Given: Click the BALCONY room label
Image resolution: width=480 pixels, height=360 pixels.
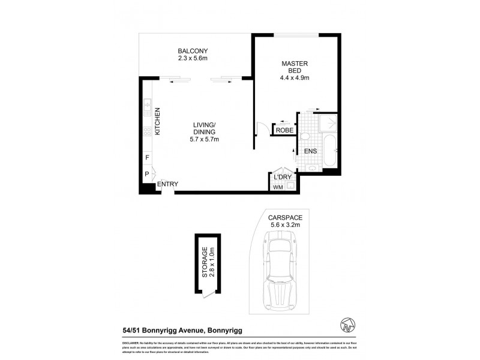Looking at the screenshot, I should click(x=192, y=50).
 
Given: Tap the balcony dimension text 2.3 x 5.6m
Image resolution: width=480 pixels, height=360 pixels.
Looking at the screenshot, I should click(x=192, y=58).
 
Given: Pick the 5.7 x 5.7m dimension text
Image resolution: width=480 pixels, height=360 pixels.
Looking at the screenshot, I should click(x=204, y=139).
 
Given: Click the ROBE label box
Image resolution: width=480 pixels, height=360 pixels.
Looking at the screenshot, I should click(x=284, y=130).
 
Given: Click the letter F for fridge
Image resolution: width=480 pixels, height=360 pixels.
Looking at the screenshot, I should click(x=147, y=158).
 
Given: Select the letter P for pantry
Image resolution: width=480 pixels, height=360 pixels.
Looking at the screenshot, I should click(x=147, y=175).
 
